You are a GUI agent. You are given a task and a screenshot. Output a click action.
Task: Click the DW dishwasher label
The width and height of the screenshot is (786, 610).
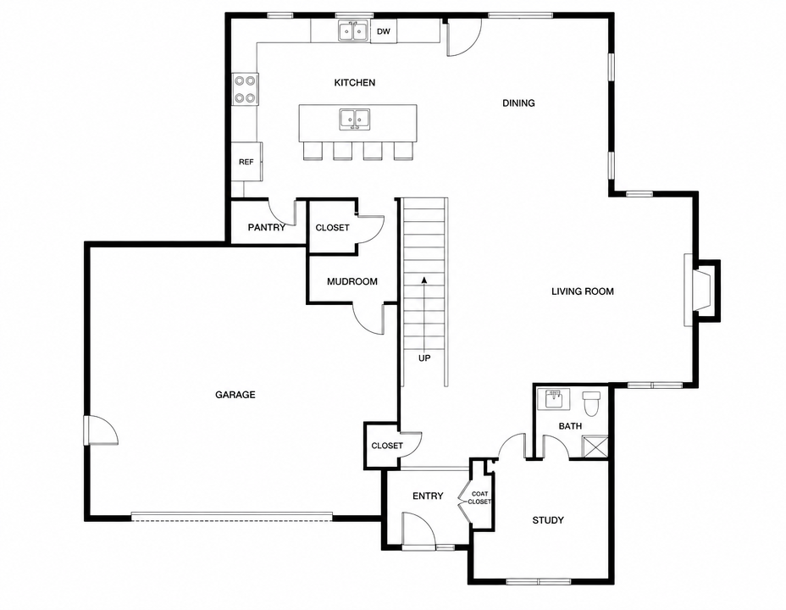tap(383, 31)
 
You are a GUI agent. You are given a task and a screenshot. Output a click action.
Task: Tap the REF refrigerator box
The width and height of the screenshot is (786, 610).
tap(246, 162)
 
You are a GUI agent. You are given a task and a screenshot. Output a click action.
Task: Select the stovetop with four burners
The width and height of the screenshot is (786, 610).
tap(245, 89)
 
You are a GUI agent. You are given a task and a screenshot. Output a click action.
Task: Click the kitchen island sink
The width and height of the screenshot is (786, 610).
tap(355, 119)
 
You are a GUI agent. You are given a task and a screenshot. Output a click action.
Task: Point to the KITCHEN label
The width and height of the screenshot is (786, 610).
tap(354, 82)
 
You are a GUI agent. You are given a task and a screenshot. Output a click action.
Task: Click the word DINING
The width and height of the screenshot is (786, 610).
tap(518, 103)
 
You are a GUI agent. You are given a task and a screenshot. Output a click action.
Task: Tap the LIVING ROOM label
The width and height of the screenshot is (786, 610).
tap(583, 291)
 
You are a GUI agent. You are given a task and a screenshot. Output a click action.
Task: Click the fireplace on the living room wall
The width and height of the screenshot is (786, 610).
tap(702, 291)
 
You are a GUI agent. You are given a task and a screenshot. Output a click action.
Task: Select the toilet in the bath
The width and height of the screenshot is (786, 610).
tap(591, 402)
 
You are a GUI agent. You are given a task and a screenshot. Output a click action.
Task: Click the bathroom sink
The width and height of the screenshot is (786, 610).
tap(553, 399)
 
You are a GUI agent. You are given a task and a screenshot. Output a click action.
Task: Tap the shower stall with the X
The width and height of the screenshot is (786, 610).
tap(595, 446)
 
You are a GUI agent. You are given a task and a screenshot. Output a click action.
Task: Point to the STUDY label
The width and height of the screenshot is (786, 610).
tap(548, 520)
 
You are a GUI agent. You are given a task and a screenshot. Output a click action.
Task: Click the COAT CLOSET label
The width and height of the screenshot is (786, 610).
tap(479, 497)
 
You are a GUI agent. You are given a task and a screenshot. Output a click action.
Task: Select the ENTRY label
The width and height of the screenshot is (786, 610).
tap(428, 496)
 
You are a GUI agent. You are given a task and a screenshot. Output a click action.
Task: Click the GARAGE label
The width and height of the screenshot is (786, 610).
tap(235, 395)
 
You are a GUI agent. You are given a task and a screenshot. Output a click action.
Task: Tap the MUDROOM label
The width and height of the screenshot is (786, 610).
tap(351, 281)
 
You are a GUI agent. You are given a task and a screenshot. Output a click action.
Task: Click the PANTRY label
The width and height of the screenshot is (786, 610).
tap(267, 228)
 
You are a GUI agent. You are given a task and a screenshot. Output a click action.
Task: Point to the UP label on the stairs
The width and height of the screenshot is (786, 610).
tap(424, 358)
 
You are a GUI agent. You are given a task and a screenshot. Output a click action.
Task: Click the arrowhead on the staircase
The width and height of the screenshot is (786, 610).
tap(424, 280)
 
